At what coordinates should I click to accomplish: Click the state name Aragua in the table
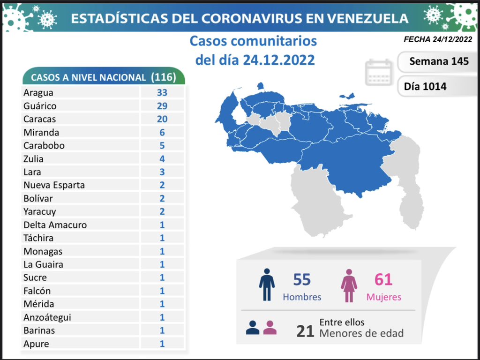(38, 93)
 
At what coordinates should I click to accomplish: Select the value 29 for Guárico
(162, 106)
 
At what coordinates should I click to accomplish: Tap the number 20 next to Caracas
(162, 119)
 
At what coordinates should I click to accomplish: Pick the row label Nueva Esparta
(54, 185)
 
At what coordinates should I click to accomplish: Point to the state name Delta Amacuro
(55, 225)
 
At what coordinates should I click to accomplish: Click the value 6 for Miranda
(162, 133)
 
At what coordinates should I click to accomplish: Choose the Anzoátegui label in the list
(47, 317)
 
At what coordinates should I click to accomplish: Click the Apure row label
(36, 344)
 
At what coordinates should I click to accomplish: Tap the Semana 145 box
(438, 61)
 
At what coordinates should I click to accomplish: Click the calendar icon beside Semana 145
(378, 73)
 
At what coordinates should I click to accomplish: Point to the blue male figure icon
(267, 285)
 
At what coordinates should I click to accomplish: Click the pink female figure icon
(349, 285)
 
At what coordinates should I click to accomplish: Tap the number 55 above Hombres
(302, 280)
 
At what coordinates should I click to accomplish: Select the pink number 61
(383, 280)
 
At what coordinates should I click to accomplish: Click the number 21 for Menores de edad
(305, 332)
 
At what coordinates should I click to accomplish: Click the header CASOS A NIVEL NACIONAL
(88, 78)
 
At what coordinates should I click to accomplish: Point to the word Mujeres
(383, 297)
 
